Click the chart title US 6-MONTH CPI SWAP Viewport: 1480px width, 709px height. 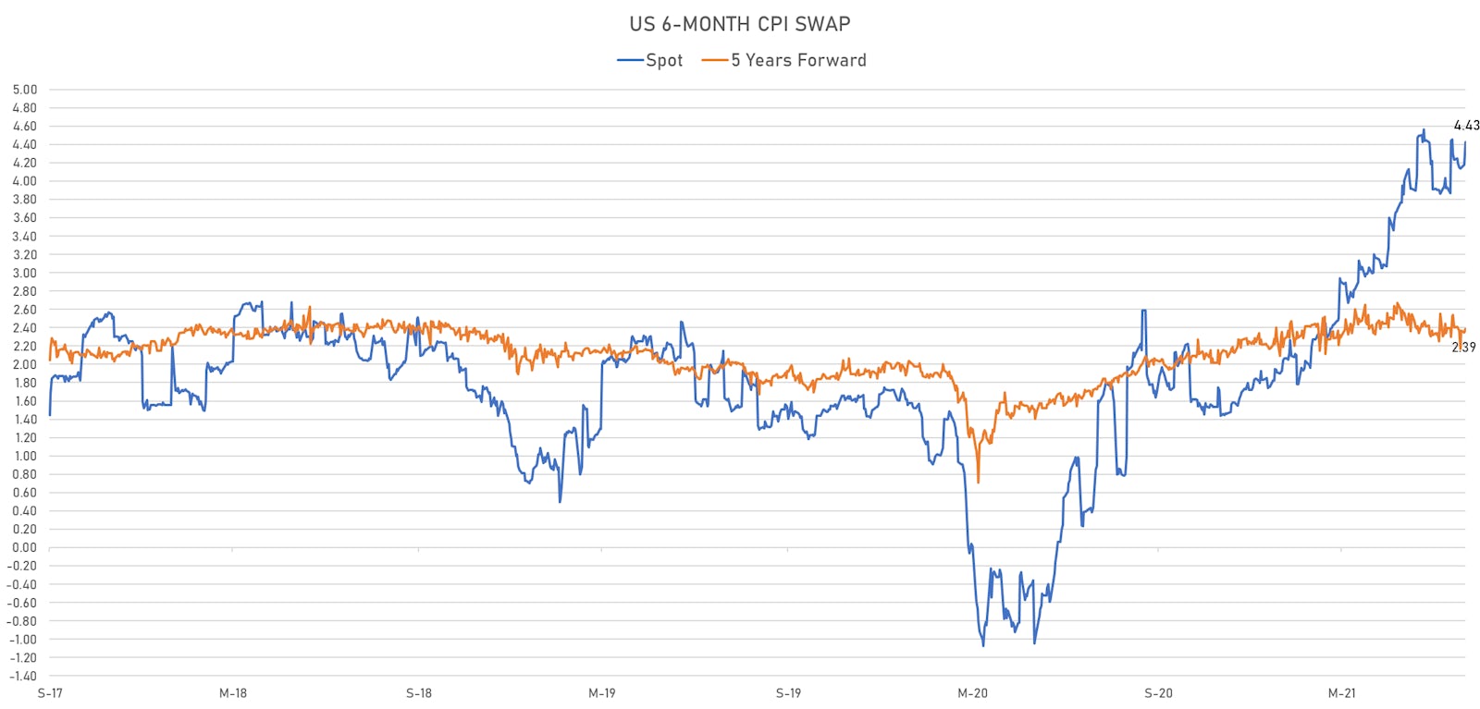(x=739, y=24)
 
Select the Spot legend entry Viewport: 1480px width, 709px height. (x=650, y=60)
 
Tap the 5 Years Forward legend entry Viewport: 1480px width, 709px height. (x=784, y=60)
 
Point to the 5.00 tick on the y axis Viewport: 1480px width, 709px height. (x=25, y=90)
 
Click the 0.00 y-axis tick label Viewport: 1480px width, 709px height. (x=25, y=547)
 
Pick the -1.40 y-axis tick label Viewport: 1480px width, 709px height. (x=23, y=676)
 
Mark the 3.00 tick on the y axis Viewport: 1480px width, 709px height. (x=25, y=273)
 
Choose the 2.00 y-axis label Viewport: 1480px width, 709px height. (x=25, y=364)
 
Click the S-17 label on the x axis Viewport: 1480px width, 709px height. (x=50, y=693)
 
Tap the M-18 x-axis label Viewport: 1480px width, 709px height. (x=233, y=693)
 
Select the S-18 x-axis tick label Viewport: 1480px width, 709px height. (x=419, y=693)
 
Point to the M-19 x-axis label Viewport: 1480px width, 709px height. (x=602, y=693)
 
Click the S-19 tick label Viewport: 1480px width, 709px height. (x=788, y=693)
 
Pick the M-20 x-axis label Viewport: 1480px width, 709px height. (x=972, y=693)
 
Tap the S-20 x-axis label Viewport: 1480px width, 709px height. (x=1158, y=693)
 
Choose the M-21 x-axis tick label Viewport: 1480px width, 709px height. (x=1342, y=693)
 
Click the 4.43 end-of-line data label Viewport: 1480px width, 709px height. (x=1466, y=125)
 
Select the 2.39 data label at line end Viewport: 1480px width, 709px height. (x=1463, y=348)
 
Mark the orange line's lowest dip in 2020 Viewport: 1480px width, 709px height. (x=978, y=482)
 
